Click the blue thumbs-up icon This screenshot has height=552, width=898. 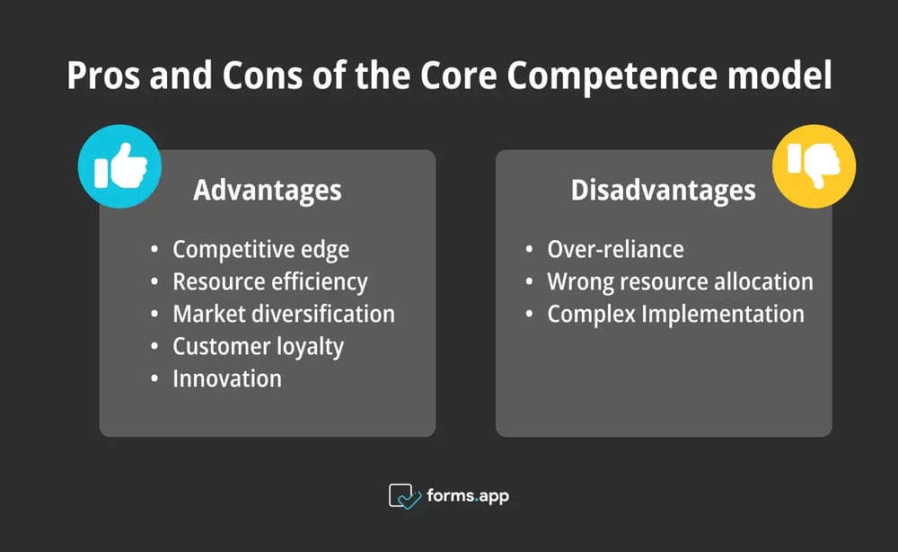(x=119, y=166)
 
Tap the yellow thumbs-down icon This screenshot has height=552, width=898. (x=814, y=166)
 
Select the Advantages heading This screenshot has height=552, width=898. (x=267, y=191)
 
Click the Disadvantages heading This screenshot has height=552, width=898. (x=663, y=191)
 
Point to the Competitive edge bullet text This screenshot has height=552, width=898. (x=260, y=249)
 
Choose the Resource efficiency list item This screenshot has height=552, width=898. (x=269, y=281)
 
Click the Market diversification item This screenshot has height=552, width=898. (x=283, y=314)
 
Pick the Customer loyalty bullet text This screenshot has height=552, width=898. (x=258, y=346)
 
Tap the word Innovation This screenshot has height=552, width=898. (x=226, y=378)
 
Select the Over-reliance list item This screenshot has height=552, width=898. (x=615, y=249)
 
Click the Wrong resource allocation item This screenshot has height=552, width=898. (x=680, y=281)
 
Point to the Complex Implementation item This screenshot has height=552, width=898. (x=675, y=314)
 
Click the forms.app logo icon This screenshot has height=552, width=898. (x=404, y=496)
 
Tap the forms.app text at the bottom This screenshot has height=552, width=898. (x=469, y=496)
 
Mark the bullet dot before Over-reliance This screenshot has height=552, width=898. (x=532, y=250)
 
